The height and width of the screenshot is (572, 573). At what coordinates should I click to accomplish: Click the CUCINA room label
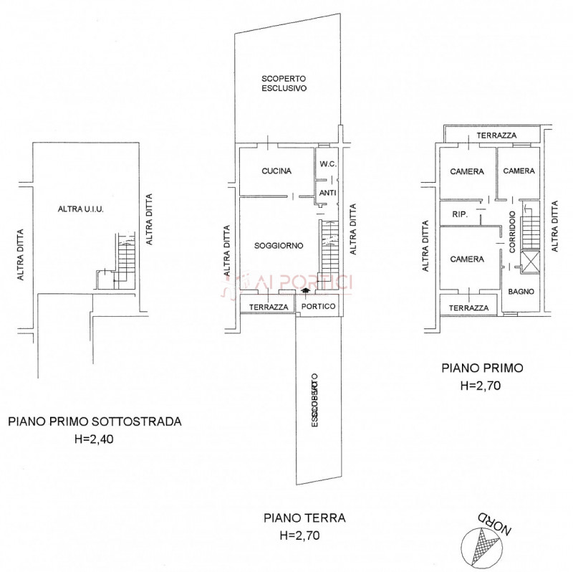coord(276,171)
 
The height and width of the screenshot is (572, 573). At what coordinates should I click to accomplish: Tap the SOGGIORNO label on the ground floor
coord(279,246)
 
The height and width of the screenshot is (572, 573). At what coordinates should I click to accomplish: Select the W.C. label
coord(328,164)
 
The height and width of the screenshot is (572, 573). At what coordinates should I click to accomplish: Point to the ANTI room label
coord(328,192)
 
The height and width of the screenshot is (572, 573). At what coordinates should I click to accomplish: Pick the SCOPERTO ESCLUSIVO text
coord(284,84)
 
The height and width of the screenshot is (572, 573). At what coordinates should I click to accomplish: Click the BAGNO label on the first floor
coord(519,291)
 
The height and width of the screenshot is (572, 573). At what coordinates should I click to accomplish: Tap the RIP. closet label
coord(459,214)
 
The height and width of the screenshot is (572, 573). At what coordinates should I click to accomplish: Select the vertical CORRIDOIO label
coord(514,231)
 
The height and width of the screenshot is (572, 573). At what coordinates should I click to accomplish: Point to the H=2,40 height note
coord(95,439)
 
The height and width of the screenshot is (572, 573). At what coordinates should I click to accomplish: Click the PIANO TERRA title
coord(294,518)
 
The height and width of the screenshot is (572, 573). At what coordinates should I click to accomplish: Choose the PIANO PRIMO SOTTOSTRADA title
coord(95,422)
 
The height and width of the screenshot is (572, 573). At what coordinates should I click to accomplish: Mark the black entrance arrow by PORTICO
coord(307,291)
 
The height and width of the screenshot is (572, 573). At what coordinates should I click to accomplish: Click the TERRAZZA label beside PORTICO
coord(268,307)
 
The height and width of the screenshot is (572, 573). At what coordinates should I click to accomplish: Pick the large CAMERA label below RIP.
coord(467,259)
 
